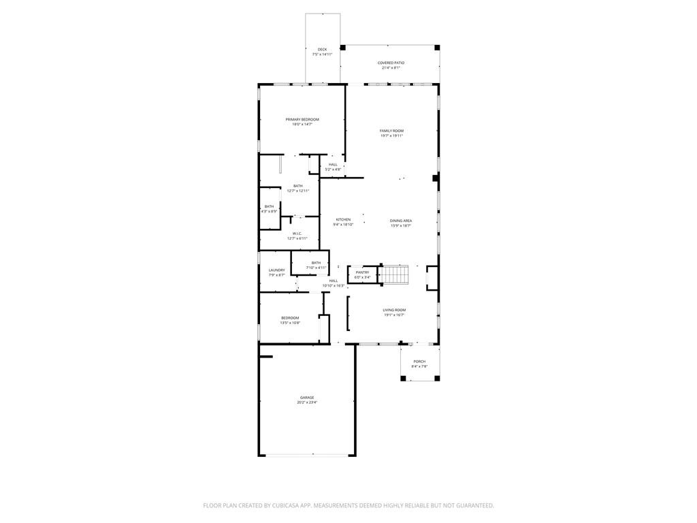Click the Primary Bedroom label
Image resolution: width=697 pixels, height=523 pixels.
[302, 119]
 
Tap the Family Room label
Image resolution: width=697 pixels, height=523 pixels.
[391, 131]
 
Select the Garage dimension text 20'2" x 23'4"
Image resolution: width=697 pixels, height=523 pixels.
[307, 402]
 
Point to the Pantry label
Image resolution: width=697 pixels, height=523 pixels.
[362, 272]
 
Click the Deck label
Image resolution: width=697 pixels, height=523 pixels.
[322, 49]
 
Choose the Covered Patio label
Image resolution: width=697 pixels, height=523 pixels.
[391, 63]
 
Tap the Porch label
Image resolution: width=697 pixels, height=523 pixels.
[419, 362]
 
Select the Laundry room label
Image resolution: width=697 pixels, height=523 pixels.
[276, 270]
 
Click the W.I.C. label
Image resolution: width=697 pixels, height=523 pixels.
[297, 234]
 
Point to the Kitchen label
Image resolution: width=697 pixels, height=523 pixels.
[343, 219]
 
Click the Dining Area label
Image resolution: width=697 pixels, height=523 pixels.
[401, 221]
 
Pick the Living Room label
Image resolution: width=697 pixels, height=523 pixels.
[394, 310]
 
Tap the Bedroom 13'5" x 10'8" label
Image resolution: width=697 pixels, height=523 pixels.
[290, 318]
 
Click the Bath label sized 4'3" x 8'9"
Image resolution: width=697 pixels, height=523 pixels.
[270, 206]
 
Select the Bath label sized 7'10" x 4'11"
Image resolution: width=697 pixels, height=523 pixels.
[316, 263]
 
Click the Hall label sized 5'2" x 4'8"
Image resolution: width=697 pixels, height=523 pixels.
[333, 164]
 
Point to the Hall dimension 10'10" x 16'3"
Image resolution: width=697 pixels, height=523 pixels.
[334, 285]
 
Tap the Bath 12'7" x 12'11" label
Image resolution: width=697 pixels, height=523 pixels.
[298, 186]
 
